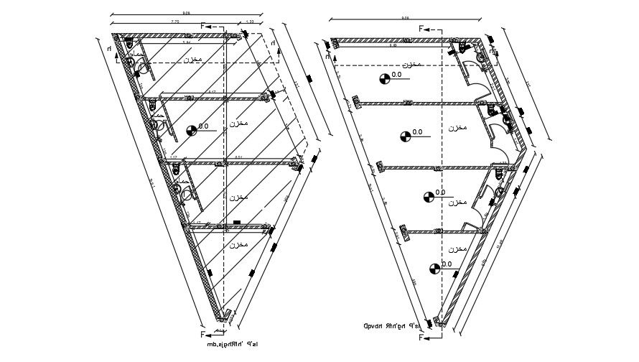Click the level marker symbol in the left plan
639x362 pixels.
click(x=191, y=130)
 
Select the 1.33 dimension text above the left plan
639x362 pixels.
click(x=249, y=22)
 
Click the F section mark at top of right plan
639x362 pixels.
click(x=424, y=29)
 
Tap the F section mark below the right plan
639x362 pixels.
click(x=424, y=335)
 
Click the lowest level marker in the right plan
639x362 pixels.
click(x=433, y=269)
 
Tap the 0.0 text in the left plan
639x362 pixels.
click(x=203, y=126)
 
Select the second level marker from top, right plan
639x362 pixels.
click(x=406, y=135)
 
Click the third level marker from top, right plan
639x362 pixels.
click(x=429, y=195)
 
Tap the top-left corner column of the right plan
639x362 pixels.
click(x=334, y=42)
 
